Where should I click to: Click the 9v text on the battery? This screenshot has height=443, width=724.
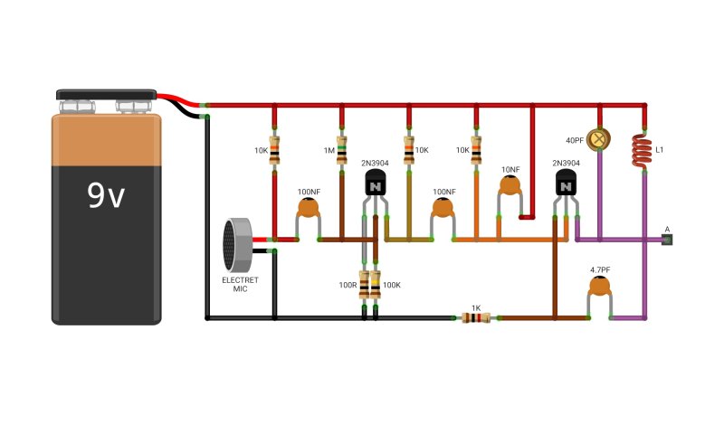[106, 195]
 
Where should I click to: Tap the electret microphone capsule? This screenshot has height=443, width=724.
[237, 245]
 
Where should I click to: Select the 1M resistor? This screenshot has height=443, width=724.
[342, 150]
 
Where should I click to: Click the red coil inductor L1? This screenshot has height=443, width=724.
[642, 151]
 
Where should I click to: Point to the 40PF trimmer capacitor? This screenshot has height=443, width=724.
[598, 139]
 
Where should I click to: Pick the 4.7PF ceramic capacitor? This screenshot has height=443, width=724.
[600, 287]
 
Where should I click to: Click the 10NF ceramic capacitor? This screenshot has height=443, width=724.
[510, 185]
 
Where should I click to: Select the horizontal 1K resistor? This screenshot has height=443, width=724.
[476, 318]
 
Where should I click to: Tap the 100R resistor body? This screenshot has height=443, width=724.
[364, 285]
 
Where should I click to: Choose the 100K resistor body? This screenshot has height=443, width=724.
[376, 285]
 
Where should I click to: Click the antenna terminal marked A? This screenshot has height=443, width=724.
[667, 240]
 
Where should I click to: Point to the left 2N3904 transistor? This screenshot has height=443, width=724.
[375, 183]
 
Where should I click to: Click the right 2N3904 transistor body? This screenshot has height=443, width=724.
[566, 183]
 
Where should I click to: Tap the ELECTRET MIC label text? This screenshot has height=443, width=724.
[240, 284]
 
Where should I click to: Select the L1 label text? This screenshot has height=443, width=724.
[660, 150]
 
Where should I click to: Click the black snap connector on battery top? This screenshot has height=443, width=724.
[106, 95]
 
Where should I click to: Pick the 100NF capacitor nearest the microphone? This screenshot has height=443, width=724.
[309, 208]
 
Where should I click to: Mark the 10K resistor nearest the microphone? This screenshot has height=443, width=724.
[274, 150]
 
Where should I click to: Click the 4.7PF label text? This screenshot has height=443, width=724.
[600, 270]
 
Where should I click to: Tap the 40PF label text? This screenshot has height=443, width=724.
[575, 140]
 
